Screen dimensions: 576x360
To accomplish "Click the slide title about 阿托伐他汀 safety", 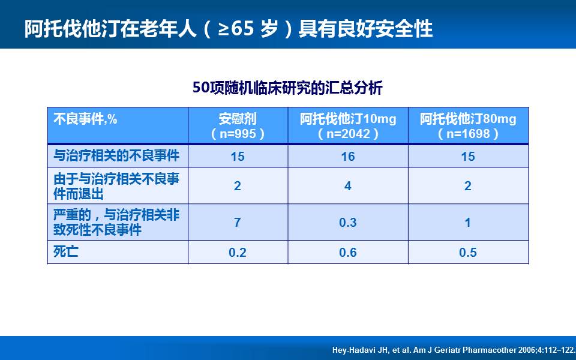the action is [229, 29].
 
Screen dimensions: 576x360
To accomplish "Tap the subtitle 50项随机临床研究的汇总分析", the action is [287, 88].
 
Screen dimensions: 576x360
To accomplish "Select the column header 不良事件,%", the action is [85, 119].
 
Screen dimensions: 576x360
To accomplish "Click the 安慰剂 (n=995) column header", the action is [238, 126].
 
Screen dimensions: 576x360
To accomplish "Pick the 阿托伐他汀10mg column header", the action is [348, 126].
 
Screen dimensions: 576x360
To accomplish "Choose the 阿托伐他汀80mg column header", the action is [468, 126].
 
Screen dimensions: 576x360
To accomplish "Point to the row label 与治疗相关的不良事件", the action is [116, 156].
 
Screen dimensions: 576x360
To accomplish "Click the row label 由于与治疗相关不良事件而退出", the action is [116, 186].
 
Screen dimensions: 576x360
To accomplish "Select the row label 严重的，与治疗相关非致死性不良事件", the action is [116, 223].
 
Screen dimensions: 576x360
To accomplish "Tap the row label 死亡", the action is [66, 251].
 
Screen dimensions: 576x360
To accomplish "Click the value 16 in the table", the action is [348, 157].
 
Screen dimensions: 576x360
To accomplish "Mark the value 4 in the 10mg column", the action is [348, 186].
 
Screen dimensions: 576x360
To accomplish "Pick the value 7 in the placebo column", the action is [238, 222].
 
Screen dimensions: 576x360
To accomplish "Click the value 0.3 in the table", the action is [348, 223].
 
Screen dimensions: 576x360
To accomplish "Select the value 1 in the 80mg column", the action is [467, 222].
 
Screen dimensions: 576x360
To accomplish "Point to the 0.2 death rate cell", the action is [238, 253].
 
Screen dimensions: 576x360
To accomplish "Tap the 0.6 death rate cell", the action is [348, 253].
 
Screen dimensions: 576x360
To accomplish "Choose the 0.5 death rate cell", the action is [467, 253].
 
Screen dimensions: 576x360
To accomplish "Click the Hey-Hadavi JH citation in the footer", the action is [454, 350].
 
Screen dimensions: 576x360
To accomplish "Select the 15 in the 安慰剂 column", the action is [238, 157].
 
